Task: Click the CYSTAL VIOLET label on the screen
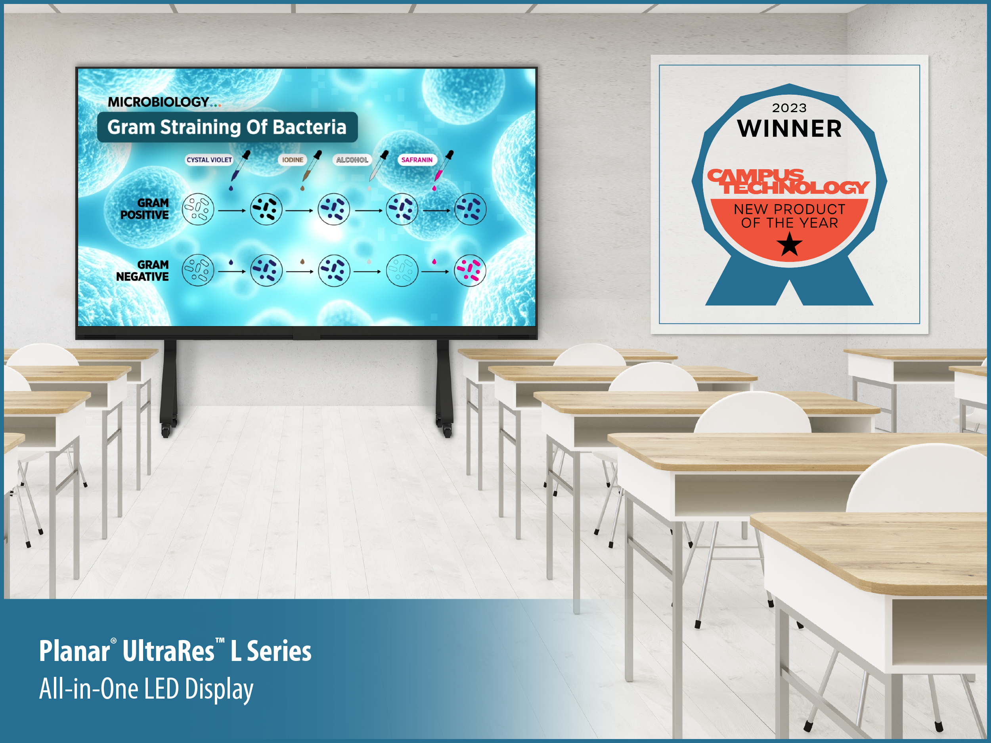coord(209,160)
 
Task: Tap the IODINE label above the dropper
coord(293,160)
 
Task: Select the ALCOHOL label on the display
coord(352,160)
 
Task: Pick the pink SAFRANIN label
coord(417,160)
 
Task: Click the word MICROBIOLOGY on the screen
coord(158,102)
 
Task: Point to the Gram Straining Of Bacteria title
coord(227,127)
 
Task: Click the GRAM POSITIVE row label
coord(145,209)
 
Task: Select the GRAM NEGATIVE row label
coord(142,271)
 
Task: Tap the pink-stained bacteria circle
coord(470,270)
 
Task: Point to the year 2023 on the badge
coord(789,108)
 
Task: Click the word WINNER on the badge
coord(789,128)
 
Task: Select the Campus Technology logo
coord(788,181)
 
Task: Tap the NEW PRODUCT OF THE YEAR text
coord(789,216)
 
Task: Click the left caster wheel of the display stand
coord(166,431)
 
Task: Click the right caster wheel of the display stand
coord(447,431)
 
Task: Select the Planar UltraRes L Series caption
coord(175,651)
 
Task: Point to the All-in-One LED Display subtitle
coord(146,689)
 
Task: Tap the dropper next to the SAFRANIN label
coord(443,170)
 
